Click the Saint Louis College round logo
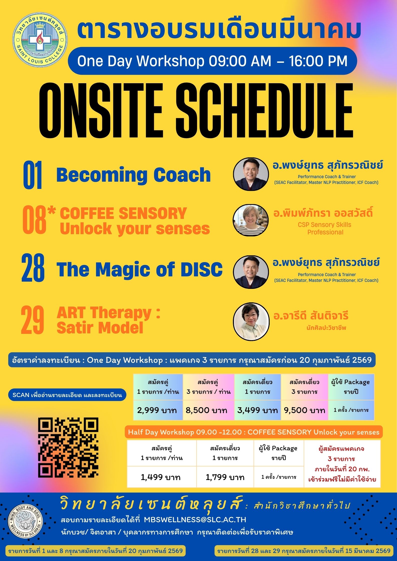(x=40, y=42)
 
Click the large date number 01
(x=33, y=175)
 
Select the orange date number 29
(x=33, y=320)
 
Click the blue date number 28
(x=33, y=268)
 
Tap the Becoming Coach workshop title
(x=134, y=175)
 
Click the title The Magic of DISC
(x=140, y=270)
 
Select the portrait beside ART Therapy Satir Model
(x=251, y=322)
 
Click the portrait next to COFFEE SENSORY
(x=250, y=220)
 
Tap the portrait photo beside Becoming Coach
(x=251, y=174)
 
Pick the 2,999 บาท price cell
(x=158, y=410)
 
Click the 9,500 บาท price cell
(x=304, y=410)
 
